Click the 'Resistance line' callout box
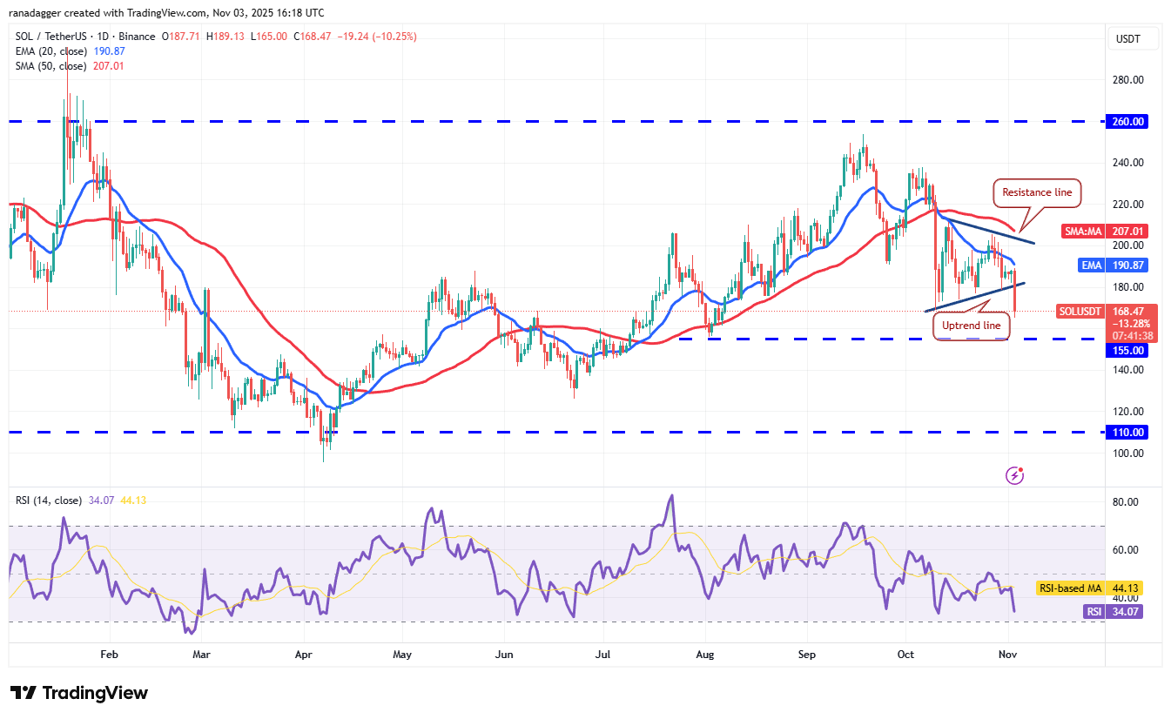click(x=1036, y=192)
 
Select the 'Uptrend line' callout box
click(x=972, y=326)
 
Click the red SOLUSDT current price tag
click(x=1107, y=323)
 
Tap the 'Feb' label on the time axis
click(x=109, y=653)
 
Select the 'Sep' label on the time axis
click(x=806, y=653)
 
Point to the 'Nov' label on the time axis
click(x=1006, y=653)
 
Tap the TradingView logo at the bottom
click(x=80, y=693)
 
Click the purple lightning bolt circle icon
click(x=1014, y=475)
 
